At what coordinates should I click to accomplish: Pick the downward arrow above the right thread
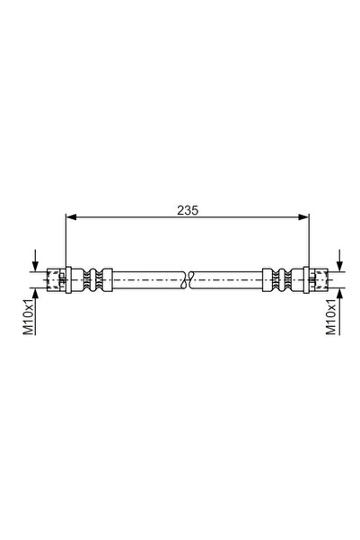coord(340,261)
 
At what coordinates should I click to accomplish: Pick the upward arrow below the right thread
coord(340,294)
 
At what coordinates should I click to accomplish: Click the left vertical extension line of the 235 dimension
coord(66,243)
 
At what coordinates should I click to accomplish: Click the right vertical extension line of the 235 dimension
coord(308,243)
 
